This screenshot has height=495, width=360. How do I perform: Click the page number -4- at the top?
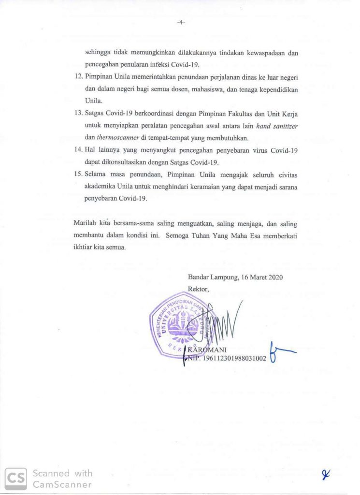tap(181, 22)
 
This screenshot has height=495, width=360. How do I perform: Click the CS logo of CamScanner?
tap(15, 478)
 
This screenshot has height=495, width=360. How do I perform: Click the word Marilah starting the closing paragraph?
tap(84, 224)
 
